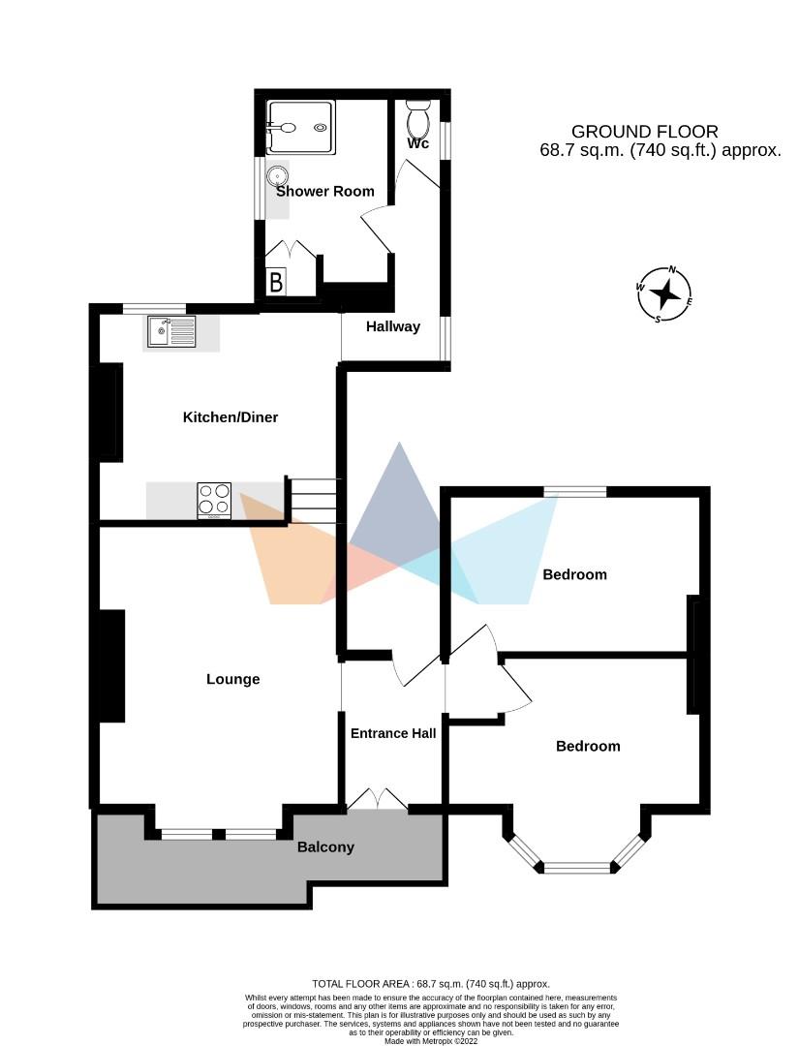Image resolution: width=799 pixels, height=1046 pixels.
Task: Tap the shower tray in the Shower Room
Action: pyautogui.click(x=300, y=127)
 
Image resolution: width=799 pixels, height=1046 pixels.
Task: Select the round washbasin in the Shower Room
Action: pyautogui.click(x=279, y=176)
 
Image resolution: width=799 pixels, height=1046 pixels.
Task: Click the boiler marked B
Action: pyautogui.click(x=276, y=284)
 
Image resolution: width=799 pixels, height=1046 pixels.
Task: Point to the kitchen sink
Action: pyautogui.click(x=171, y=331)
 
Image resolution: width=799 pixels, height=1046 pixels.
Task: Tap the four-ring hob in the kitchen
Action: pyautogui.click(x=214, y=501)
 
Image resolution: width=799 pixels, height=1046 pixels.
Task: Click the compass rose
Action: pyautogui.click(x=665, y=293)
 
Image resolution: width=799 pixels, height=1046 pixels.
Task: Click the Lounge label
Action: pyautogui.click(x=233, y=679)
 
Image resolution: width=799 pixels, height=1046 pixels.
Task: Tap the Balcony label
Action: pyautogui.click(x=325, y=846)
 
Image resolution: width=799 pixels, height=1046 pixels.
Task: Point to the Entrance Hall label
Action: pyautogui.click(x=392, y=733)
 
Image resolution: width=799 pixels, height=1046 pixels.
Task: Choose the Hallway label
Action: pyautogui.click(x=393, y=326)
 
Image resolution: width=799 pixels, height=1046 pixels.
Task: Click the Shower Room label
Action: pyautogui.click(x=325, y=191)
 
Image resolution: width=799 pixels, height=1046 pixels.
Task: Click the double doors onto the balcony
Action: pyautogui.click(x=377, y=799)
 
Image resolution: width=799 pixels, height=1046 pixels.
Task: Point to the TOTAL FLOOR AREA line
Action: pyautogui.click(x=431, y=983)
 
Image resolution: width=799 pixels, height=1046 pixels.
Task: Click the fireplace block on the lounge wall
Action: pyautogui.click(x=110, y=665)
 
